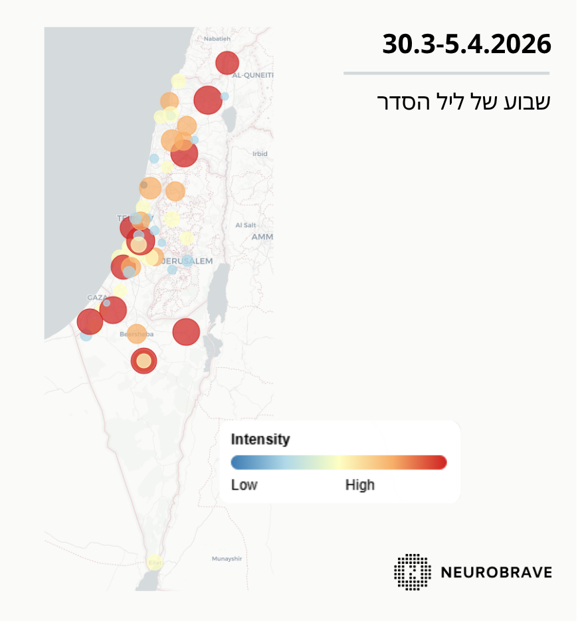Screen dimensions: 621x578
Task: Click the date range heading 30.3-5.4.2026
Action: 466,44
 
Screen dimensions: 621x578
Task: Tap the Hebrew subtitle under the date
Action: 464,102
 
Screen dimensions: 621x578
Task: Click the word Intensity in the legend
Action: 260,439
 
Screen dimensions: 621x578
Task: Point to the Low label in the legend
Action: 244,485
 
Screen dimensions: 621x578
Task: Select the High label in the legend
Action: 359,485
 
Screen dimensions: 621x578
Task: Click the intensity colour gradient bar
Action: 338,462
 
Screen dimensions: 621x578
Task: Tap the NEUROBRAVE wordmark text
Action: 496,572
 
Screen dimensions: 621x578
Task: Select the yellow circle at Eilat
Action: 154,563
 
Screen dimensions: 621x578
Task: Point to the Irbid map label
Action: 260,153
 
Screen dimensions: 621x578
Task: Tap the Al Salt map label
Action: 245,225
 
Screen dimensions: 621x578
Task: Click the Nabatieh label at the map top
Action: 217,39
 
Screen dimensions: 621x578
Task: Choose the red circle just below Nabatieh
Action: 227,63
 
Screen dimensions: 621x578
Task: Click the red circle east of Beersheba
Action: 186,332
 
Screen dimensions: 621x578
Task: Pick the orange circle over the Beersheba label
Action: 136,334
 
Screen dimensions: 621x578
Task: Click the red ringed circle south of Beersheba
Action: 144,361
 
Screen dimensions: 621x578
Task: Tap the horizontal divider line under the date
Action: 446,73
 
